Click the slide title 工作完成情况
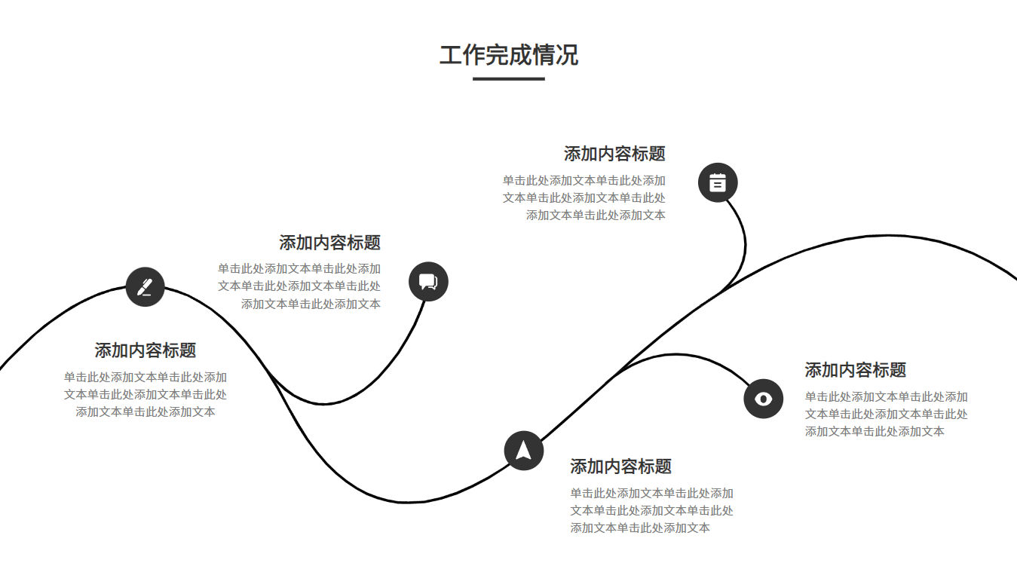click(509, 55)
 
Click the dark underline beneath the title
click(509, 78)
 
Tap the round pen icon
click(146, 287)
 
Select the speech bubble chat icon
click(428, 282)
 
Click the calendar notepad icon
click(718, 182)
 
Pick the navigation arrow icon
click(524, 450)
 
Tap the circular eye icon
click(764, 398)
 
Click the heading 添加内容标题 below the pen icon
click(146, 350)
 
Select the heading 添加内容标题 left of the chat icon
click(329, 243)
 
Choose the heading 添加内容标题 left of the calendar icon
click(614, 154)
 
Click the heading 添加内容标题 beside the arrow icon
click(620, 466)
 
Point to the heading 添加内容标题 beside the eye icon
click(855, 370)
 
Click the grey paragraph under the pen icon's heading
click(146, 394)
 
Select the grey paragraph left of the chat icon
click(299, 286)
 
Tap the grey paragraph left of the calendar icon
click(584, 197)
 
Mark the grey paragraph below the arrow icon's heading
click(651, 510)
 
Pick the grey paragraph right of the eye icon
click(886, 414)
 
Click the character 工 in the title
click(451, 55)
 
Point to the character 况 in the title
click(567, 55)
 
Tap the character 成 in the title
click(521, 55)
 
